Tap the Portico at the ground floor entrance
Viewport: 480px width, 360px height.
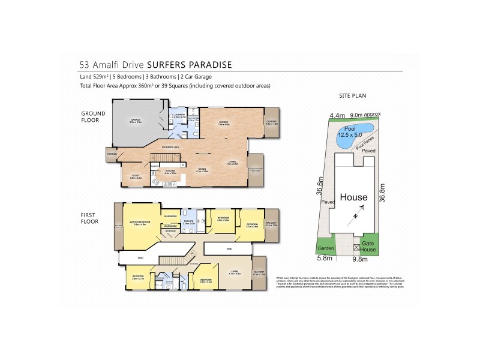(x=112, y=154)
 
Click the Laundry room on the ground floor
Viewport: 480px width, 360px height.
(x=178, y=115)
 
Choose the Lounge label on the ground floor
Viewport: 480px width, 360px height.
(x=223, y=122)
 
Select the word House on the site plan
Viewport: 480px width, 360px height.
(x=354, y=196)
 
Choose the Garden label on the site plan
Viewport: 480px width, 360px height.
(x=326, y=247)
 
